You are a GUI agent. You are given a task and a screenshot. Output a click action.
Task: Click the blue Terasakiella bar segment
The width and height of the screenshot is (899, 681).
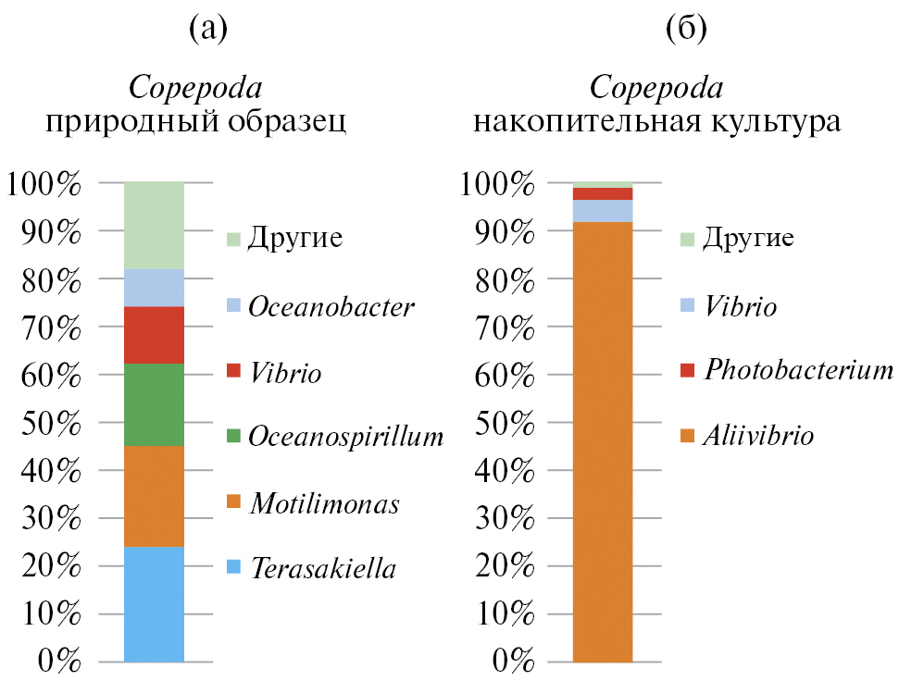154,604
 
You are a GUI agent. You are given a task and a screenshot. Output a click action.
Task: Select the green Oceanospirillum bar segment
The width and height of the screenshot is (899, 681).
154,404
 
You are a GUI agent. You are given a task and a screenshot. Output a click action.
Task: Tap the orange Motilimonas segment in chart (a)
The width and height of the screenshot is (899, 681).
154,496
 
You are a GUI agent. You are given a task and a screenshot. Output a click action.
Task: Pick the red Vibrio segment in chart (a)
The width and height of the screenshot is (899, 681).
154,335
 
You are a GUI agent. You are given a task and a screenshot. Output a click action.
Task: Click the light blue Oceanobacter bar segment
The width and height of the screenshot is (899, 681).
154,288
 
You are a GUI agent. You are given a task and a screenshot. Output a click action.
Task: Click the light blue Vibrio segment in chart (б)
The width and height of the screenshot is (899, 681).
602,211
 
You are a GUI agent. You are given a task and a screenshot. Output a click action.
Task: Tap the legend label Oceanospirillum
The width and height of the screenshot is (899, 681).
345,436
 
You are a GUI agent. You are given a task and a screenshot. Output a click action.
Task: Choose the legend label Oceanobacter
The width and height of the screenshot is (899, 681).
331,307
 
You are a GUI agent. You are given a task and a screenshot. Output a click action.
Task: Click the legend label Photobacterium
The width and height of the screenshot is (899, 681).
797,370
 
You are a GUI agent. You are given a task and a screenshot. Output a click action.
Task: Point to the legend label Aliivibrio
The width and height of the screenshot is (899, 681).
758,434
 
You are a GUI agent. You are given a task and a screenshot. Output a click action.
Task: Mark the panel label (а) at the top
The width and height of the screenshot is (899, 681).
207,29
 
